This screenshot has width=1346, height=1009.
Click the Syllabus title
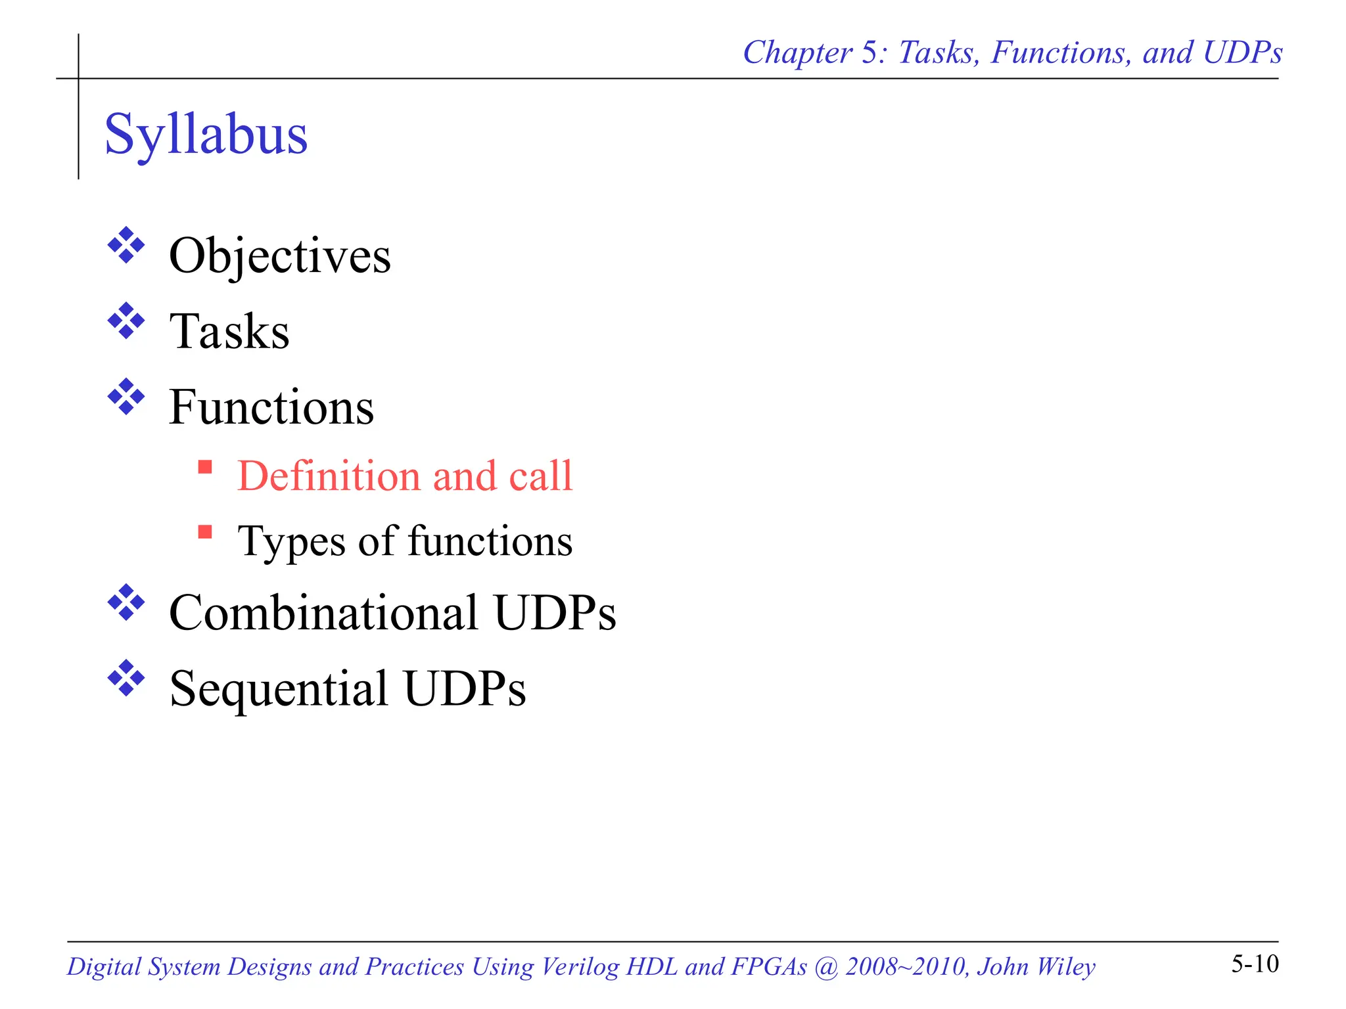coord(206,135)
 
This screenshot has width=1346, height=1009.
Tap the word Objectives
coord(279,256)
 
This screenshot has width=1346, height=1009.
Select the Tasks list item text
coord(229,331)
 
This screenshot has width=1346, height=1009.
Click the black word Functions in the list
coord(271,407)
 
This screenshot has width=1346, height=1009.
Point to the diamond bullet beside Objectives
coord(126,246)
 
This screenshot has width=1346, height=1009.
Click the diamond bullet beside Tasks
coord(126,321)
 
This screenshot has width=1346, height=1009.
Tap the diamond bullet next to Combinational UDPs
coord(126,602)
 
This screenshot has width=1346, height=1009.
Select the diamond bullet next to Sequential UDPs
coord(126,678)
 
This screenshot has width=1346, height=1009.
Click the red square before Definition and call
coord(205,467)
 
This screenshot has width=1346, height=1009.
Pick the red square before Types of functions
coord(205,531)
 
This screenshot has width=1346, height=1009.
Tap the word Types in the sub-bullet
coord(291,542)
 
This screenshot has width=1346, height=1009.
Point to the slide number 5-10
coord(1255,964)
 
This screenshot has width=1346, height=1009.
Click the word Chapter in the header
coord(797,53)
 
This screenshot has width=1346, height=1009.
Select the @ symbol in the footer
coord(825,966)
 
